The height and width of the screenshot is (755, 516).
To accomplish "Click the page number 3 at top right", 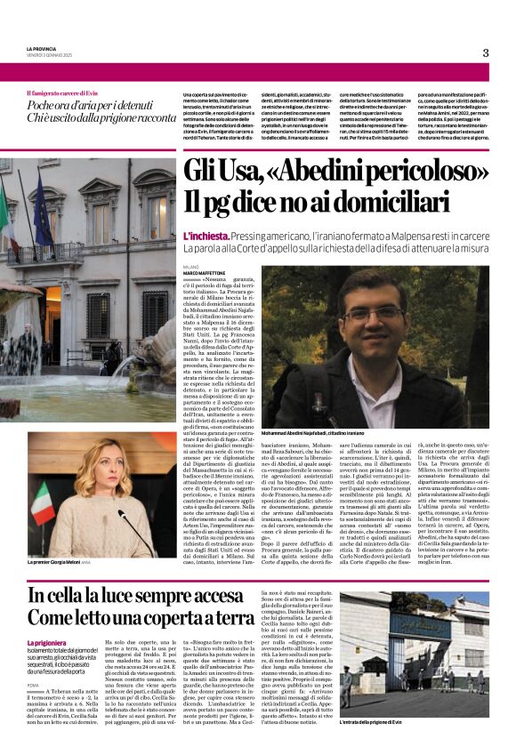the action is tap(485, 52).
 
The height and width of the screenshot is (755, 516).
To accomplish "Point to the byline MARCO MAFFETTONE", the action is tap(204, 273).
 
